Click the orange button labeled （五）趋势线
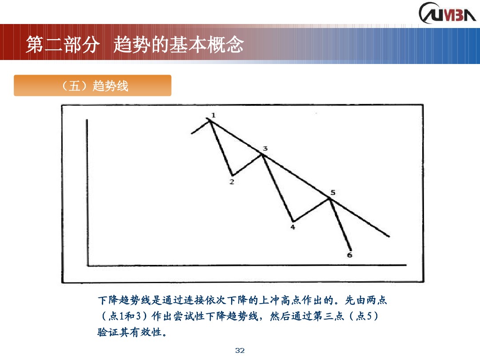pos(92,86)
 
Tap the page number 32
pos(240,351)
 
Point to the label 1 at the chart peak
pos(213,116)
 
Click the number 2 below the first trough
pos(232,181)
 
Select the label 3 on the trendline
pos(265,148)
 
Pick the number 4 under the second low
pos(292,227)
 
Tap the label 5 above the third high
pos(333,192)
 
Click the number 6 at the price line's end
pos(349,255)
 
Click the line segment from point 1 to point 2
pos(221,147)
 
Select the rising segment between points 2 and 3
pos(247,164)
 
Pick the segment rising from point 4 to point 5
pos(311,210)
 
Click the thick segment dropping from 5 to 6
pos(341,225)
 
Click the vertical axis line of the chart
pos(88,191)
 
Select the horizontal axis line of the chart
pos(247,266)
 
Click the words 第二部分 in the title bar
pos(60,45)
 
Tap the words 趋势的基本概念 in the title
pos(179,45)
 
